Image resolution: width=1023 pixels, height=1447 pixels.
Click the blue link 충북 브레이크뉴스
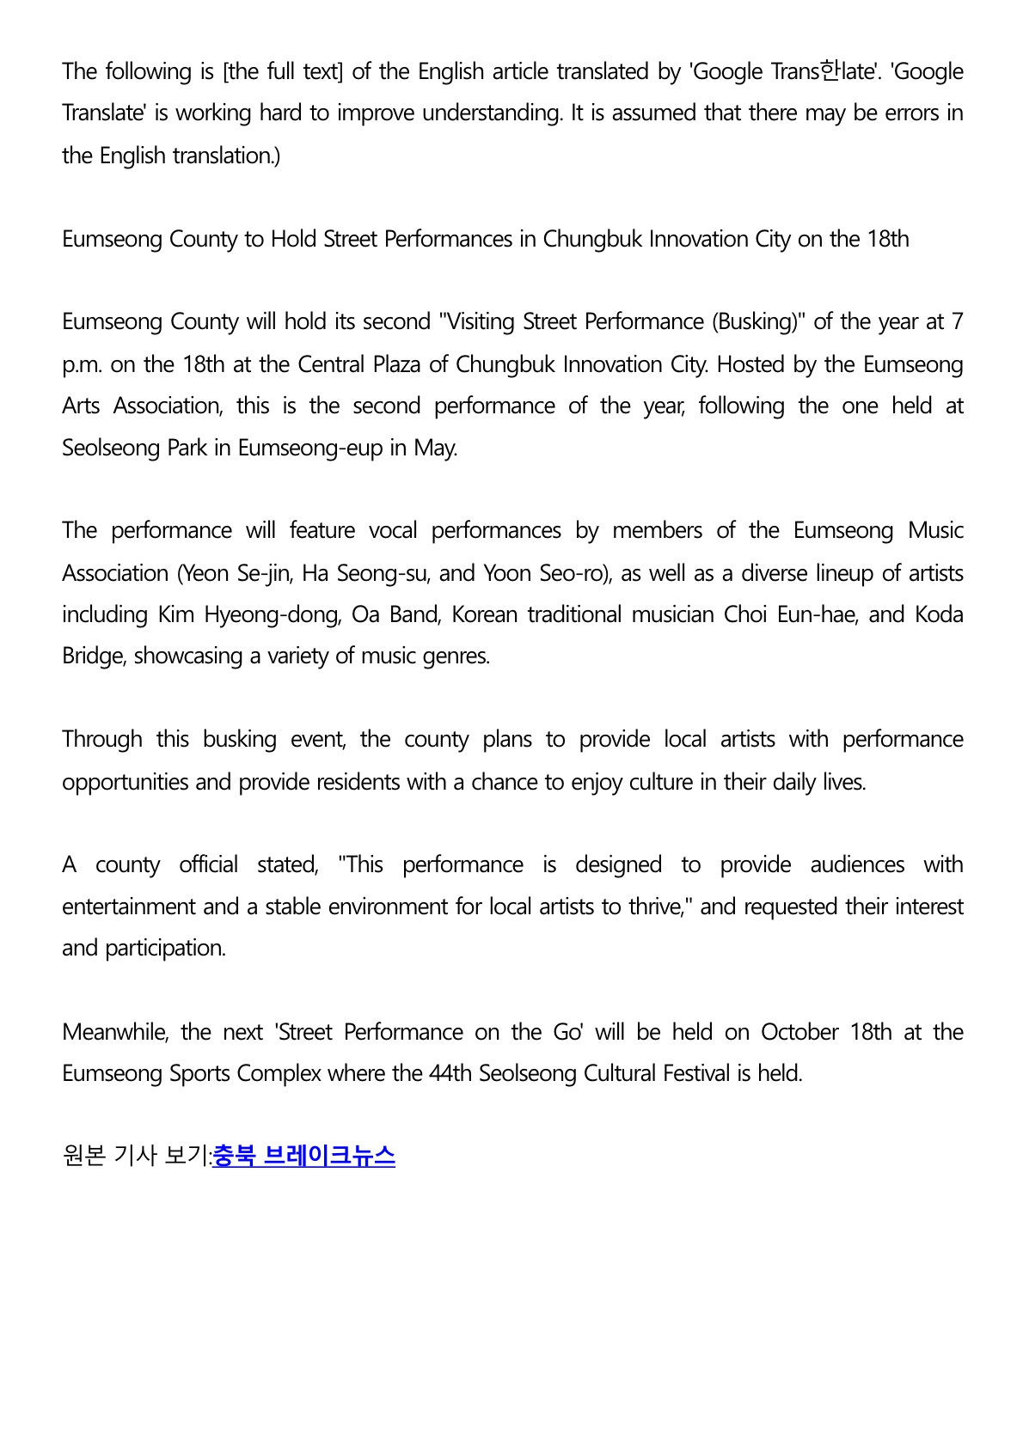point(303,1156)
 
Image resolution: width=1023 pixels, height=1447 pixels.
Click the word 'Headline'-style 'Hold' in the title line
point(294,239)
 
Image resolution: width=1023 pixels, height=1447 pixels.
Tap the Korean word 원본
point(84,1157)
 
